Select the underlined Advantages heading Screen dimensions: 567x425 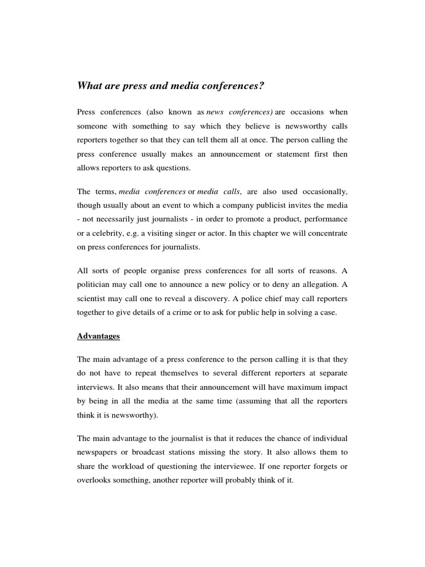pyautogui.click(x=99, y=336)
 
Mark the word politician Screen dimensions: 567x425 pyautogui.click(x=95, y=285)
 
